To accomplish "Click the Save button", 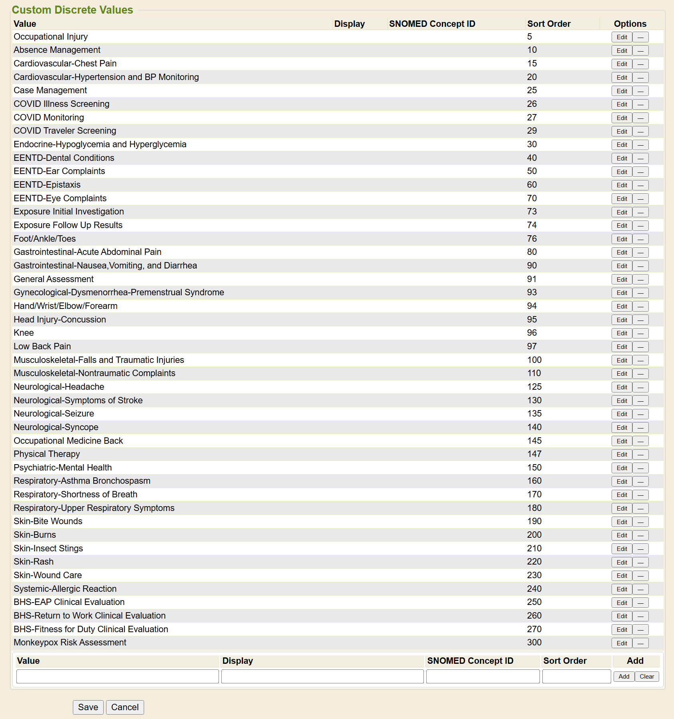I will [88, 707].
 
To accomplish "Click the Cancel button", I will [125, 707].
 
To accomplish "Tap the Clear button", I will [646, 676].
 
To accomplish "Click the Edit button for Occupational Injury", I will [622, 37].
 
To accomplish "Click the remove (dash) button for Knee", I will [640, 333].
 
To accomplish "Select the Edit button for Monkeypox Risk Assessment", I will [622, 643].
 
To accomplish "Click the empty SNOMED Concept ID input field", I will [483, 676].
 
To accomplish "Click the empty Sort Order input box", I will [576, 676].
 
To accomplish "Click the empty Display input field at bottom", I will [322, 676].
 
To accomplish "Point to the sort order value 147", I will [534, 454].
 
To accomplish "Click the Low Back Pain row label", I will [42, 346].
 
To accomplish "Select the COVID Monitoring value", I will [49, 117].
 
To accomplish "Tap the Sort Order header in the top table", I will [549, 24].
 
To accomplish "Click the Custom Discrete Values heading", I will [72, 10].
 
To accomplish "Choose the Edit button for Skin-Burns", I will [622, 535].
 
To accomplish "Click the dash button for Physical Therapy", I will [640, 455].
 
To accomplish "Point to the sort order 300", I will [534, 642].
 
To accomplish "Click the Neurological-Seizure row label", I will [54, 413].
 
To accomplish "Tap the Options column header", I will [630, 24].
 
